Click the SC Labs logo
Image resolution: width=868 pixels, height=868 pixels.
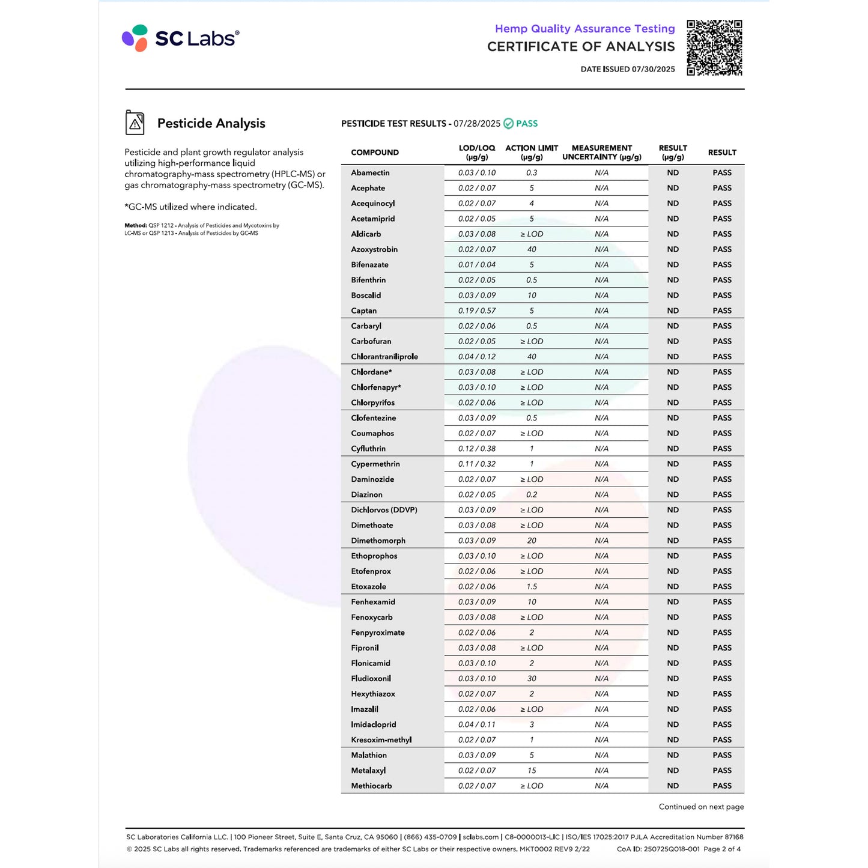tap(180, 38)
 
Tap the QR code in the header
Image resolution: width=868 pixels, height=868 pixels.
tap(714, 48)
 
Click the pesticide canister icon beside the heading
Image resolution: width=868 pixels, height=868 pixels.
tap(135, 123)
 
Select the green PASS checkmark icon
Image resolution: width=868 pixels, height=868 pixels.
tap(508, 124)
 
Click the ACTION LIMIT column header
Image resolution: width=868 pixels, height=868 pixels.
tap(532, 153)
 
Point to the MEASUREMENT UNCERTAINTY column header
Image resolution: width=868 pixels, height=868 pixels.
tap(601, 153)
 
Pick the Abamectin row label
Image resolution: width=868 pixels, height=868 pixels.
tap(370, 173)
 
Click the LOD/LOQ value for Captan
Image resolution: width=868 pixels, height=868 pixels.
tap(477, 311)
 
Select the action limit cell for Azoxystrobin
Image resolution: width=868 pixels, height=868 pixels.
tap(532, 249)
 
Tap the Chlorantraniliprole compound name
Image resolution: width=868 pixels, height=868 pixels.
tap(384, 357)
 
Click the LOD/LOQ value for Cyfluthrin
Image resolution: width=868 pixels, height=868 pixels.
tap(477, 449)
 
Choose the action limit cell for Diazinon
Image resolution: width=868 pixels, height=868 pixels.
tap(532, 495)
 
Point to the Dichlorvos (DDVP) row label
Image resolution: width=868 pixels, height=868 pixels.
tap(384, 510)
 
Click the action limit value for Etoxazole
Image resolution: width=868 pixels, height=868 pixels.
tap(532, 587)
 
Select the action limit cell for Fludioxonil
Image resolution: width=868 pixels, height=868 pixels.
tap(532, 679)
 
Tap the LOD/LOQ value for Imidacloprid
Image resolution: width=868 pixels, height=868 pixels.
tap(477, 724)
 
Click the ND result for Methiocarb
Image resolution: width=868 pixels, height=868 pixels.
tap(673, 786)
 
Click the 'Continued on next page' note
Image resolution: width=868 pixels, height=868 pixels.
tap(701, 807)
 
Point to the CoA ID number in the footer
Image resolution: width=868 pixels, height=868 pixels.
tap(658, 849)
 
